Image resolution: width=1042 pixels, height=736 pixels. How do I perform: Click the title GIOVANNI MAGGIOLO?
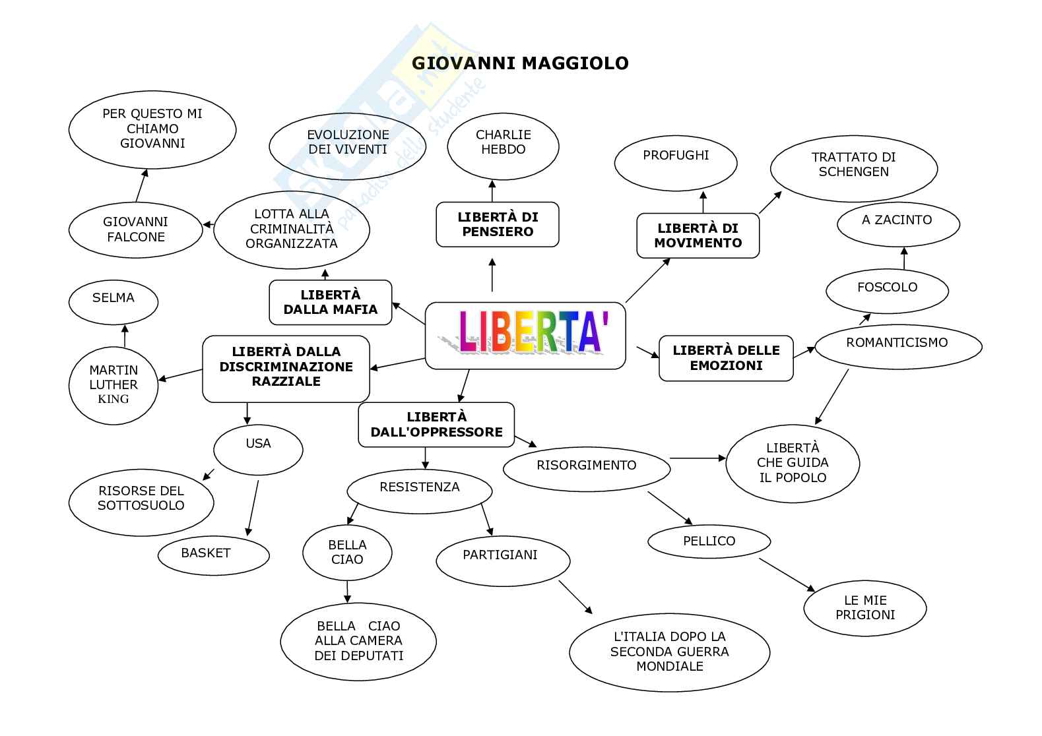[x=520, y=63]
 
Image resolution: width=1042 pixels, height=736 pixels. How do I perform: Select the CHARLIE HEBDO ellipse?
[x=503, y=146]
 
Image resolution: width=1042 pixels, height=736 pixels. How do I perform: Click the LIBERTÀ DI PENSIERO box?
[x=498, y=224]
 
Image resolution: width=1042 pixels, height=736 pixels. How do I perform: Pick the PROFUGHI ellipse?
[x=676, y=163]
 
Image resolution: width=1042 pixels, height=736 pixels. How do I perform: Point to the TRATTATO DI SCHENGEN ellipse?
[x=854, y=168]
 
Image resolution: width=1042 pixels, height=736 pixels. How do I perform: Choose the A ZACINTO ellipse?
[x=898, y=224]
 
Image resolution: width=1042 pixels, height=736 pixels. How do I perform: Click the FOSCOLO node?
[x=887, y=291]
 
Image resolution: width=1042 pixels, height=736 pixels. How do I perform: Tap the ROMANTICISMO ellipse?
[x=898, y=346]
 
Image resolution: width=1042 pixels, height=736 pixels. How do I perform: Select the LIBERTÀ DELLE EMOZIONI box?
[x=726, y=358]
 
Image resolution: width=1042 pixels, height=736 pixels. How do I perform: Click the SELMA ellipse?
[x=113, y=302]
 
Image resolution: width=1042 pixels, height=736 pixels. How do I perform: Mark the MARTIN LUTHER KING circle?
[x=113, y=385]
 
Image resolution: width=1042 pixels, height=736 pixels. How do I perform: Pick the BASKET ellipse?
[x=214, y=555]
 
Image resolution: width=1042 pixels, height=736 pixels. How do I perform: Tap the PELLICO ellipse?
[x=709, y=541]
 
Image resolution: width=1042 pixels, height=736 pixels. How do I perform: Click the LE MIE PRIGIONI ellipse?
[x=864, y=607]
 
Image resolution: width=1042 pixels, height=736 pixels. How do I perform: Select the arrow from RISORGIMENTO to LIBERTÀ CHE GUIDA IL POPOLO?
[x=698, y=458]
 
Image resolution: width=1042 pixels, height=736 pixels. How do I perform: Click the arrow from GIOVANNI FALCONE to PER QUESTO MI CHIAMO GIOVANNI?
[x=141, y=185]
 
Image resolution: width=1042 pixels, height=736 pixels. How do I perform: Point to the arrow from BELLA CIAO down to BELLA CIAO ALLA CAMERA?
[x=347, y=592]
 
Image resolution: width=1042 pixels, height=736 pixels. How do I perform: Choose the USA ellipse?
[x=258, y=450]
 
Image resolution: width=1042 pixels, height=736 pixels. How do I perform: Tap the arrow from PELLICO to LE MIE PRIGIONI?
[x=787, y=574]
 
